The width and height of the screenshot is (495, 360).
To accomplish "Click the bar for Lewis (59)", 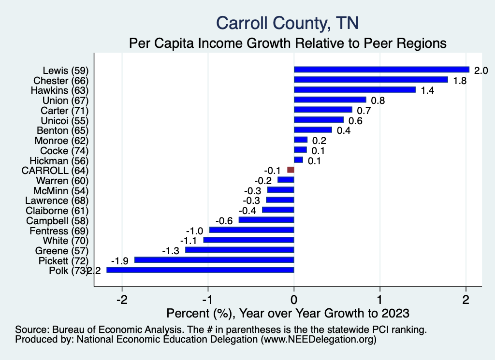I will tap(381, 70).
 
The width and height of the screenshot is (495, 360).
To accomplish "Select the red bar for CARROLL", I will tap(291, 170).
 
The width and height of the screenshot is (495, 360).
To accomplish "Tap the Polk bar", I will tap(200, 270).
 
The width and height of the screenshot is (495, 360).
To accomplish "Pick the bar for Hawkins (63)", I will tap(354, 90).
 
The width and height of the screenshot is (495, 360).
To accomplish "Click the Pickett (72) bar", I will tap(214, 260).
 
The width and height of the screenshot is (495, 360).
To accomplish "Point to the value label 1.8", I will tap(459, 80).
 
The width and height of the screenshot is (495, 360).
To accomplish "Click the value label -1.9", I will tap(119, 260).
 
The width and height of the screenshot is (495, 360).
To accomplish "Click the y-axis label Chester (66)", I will tap(61, 80).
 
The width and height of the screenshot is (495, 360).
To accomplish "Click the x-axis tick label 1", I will tap(380, 300).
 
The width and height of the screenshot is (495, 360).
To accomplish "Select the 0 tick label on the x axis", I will tap(294, 300).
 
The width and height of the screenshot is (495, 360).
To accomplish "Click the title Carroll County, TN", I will tap(287, 23).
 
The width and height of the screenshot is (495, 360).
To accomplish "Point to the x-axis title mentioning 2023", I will tap(288, 313).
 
